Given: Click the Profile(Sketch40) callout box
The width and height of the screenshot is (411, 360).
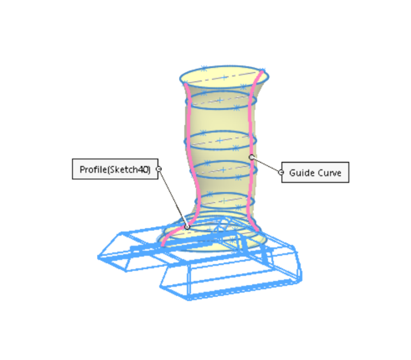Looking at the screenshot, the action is (115, 169).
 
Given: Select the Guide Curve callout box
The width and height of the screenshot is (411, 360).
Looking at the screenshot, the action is (315, 172).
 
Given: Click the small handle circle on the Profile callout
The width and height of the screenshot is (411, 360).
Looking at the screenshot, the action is (158, 169).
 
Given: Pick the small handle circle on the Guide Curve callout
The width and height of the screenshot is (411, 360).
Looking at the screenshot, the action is (281, 172).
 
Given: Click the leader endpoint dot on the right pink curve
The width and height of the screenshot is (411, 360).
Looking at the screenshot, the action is (251, 157).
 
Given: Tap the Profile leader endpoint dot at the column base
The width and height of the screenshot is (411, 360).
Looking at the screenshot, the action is (187, 226).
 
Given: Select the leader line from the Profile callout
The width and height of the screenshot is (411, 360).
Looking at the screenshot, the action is (173, 197).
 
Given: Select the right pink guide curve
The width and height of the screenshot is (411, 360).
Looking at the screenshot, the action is (249, 129).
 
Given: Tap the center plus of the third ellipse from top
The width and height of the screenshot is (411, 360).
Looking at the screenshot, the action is (219, 140).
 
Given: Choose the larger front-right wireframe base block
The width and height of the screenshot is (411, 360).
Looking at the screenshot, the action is (231, 278).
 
